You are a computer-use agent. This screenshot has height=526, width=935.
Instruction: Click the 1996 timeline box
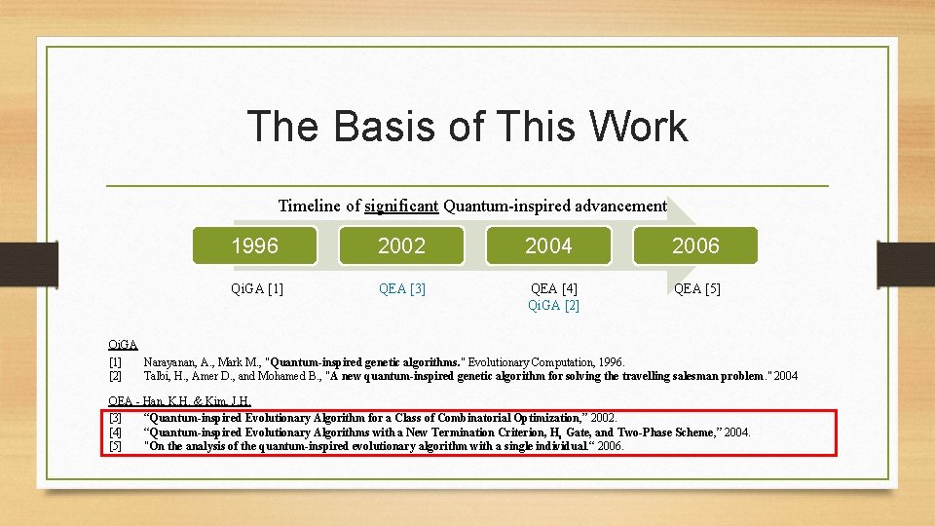255,245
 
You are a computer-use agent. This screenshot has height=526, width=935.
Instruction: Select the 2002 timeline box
401,245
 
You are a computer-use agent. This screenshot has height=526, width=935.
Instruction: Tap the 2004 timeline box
548,245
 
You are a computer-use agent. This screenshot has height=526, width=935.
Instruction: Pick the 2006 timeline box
695,245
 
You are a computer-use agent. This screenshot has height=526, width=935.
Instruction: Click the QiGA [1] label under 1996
256,288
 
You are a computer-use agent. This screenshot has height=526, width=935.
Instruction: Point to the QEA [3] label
401,288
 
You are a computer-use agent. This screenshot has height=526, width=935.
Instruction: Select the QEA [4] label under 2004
553,288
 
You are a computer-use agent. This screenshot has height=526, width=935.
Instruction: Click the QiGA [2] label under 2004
553,305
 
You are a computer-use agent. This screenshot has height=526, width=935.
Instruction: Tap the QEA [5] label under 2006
696,288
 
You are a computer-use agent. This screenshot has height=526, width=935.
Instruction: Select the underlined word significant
401,206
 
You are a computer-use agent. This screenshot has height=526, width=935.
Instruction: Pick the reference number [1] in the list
115,362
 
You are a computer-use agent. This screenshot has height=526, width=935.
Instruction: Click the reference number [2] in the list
115,376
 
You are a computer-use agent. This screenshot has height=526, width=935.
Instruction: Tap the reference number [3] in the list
115,418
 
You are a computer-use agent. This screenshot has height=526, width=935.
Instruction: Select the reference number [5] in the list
115,446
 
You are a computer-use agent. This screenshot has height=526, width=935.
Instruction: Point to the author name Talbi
159,376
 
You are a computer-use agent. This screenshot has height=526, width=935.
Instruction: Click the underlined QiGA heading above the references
123,344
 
